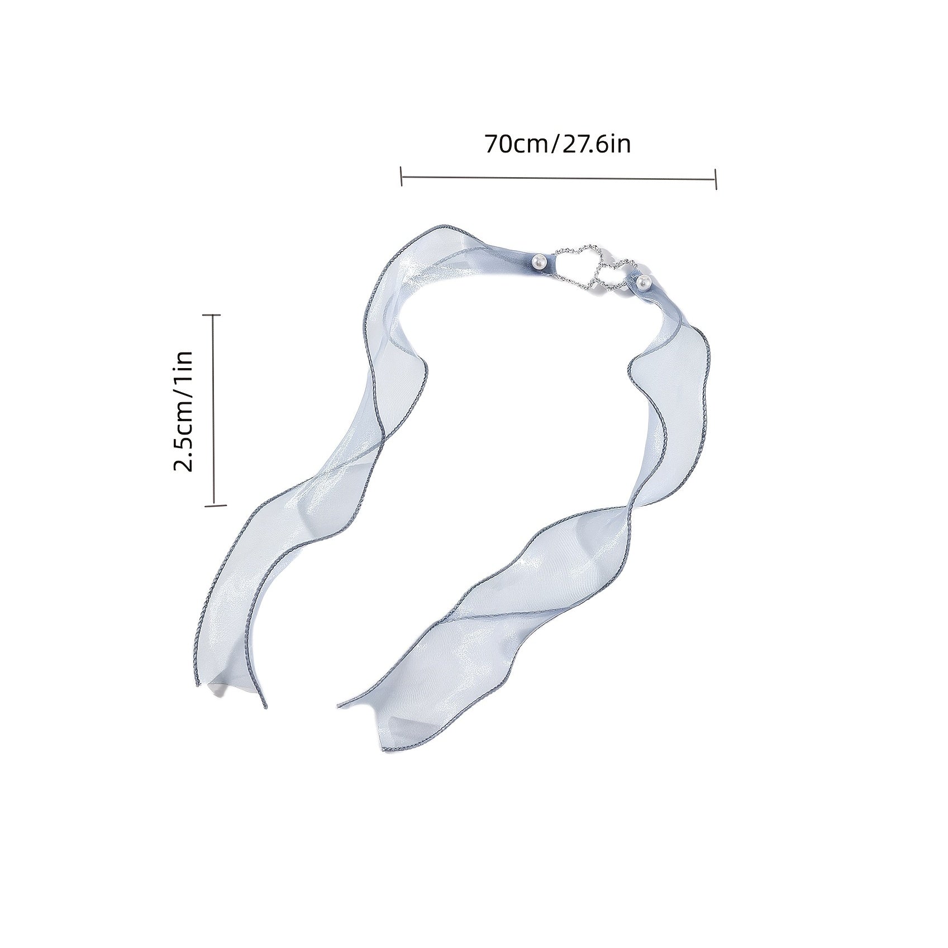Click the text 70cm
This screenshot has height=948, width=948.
click(x=516, y=144)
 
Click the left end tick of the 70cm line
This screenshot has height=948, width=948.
click(x=402, y=175)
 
